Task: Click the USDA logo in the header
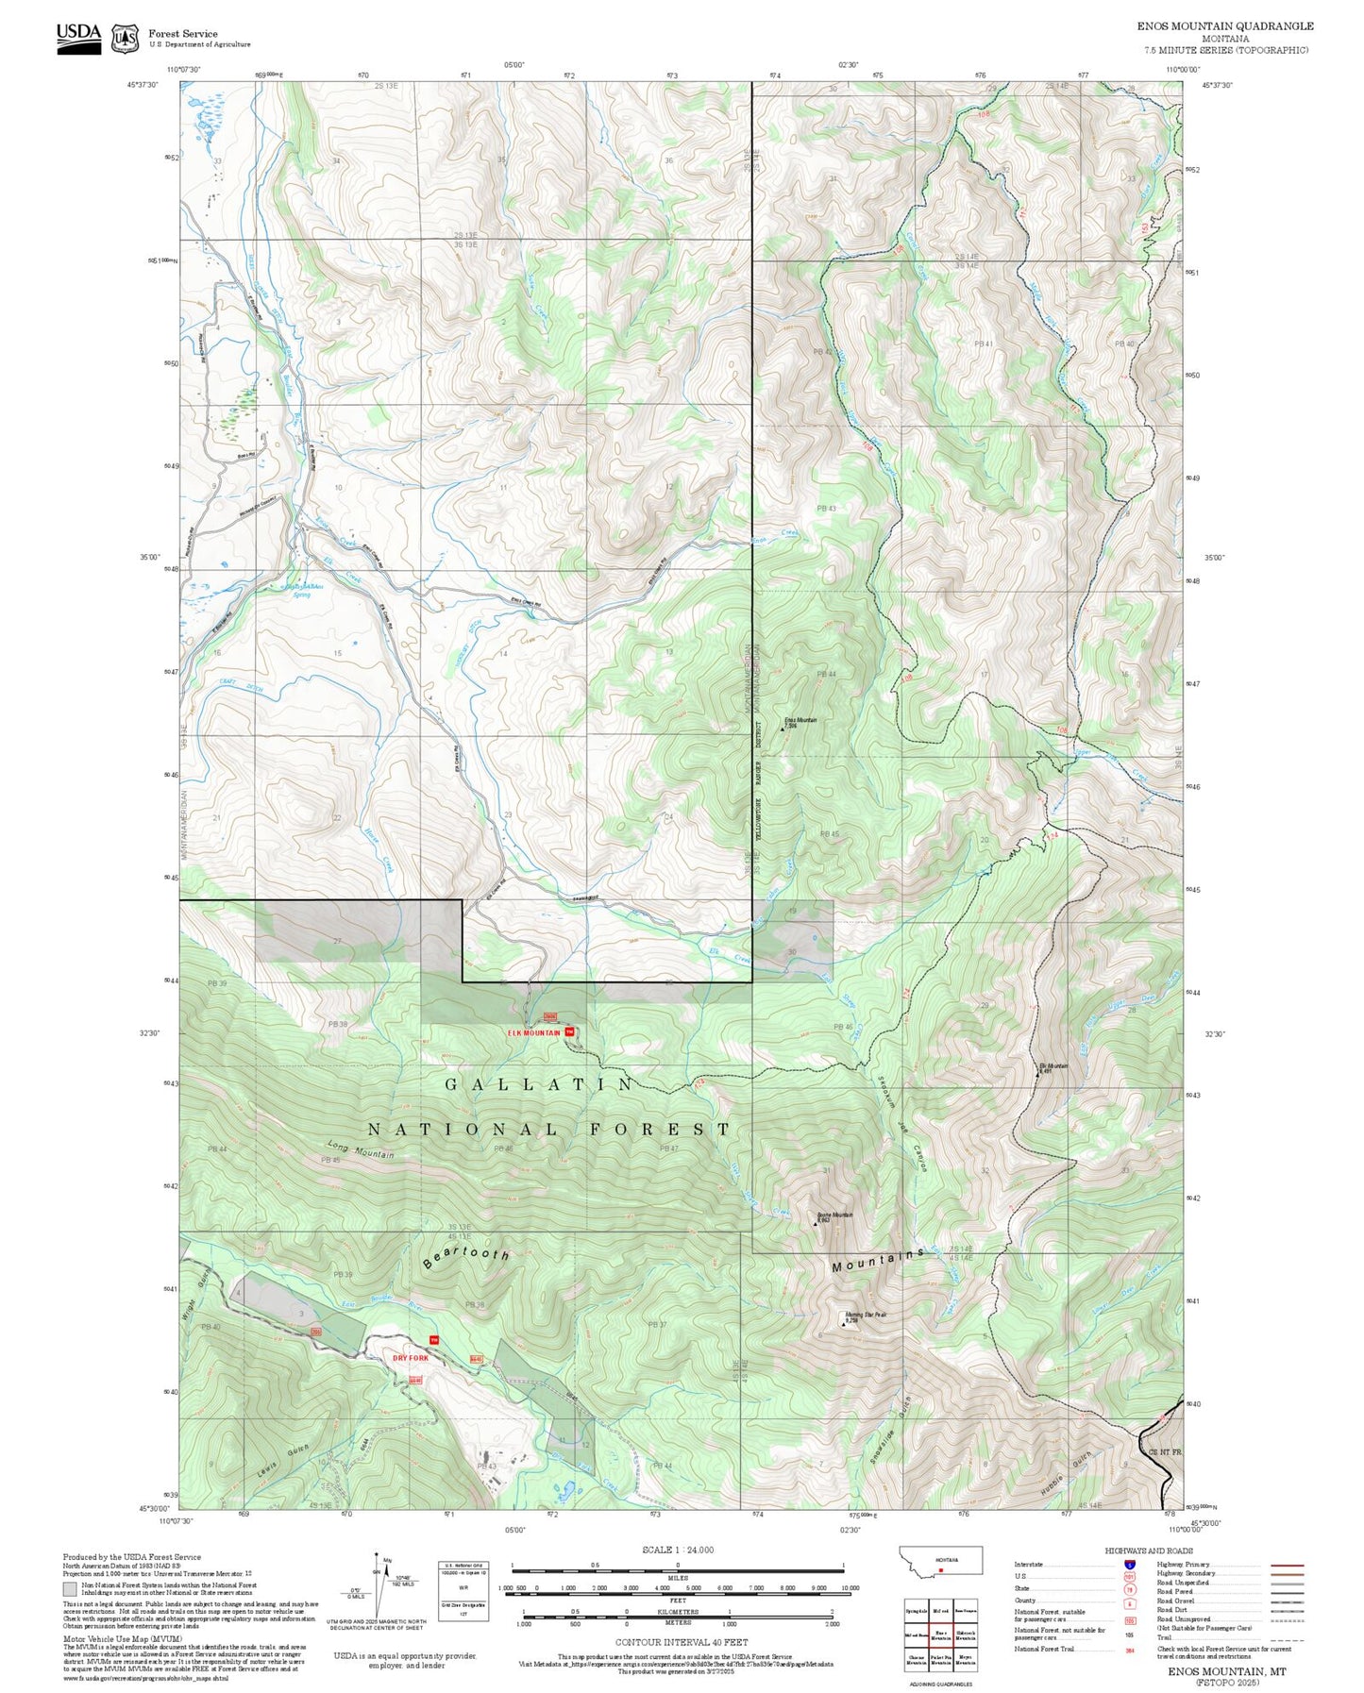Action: click(x=78, y=38)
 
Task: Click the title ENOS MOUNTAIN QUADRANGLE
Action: click(x=1224, y=25)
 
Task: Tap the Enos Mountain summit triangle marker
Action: click(x=782, y=727)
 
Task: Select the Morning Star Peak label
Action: click(x=865, y=1315)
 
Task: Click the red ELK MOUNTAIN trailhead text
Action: click(x=533, y=1032)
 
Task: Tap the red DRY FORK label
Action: click(x=411, y=1357)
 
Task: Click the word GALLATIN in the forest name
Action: click(x=540, y=1084)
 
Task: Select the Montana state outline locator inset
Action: click(x=940, y=1560)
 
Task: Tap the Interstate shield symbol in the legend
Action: click(x=1130, y=1564)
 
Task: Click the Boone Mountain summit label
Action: click(x=834, y=1215)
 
